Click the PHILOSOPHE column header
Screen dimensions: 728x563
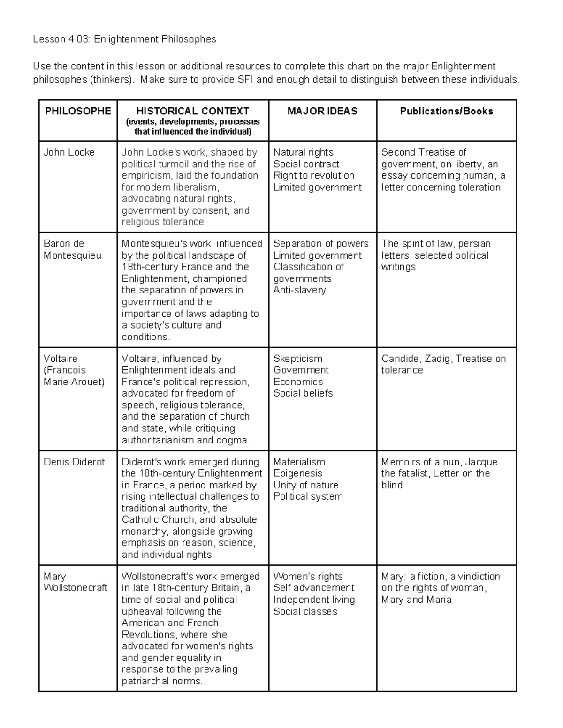click(78, 111)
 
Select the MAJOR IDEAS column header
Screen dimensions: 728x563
click(322, 111)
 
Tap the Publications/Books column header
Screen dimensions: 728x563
click(446, 111)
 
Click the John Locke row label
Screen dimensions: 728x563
click(69, 152)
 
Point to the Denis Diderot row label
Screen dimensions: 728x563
click(74, 462)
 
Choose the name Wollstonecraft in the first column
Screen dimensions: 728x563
click(76, 588)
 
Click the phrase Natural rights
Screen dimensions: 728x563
click(303, 152)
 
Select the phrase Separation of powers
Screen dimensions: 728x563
click(321, 244)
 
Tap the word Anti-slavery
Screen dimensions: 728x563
click(299, 290)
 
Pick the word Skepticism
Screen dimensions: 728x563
click(298, 359)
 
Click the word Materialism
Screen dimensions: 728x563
click(299, 462)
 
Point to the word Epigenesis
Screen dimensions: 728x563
click(297, 473)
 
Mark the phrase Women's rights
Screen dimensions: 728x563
click(308, 577)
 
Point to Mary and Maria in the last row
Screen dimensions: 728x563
click(416, 600)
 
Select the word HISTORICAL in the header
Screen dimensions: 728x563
click(163, 111)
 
